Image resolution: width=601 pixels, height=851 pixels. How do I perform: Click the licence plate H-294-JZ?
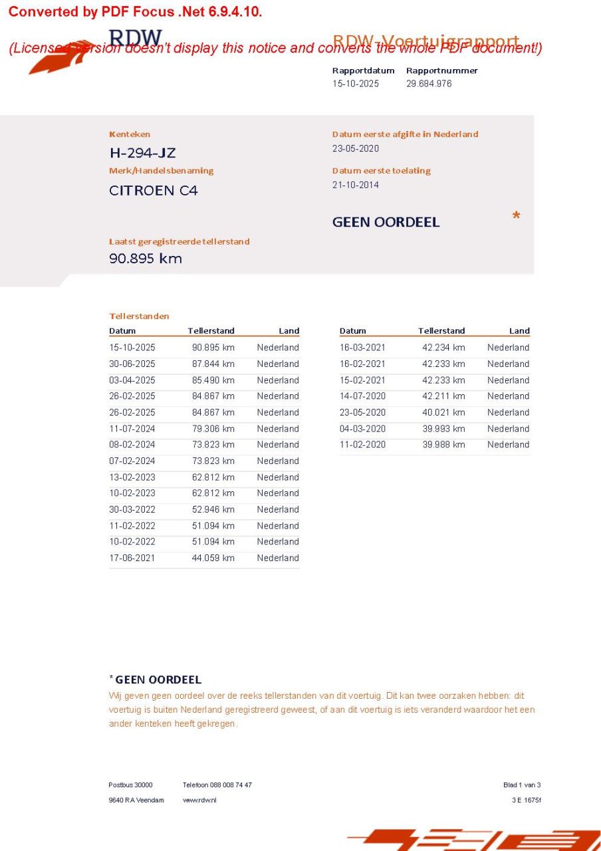pos(142,153)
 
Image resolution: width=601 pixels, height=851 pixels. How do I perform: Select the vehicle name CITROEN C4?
pos(153,191)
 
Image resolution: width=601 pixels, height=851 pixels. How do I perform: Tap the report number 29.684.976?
pos(429,84)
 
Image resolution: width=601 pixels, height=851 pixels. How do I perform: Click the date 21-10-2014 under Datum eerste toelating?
pos(356,185)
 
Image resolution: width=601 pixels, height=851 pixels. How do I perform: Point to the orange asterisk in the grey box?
pos(516,217)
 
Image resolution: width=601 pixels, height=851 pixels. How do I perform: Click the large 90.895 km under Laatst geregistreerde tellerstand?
pos(145,259)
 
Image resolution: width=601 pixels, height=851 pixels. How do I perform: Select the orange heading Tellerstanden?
pos(139,316)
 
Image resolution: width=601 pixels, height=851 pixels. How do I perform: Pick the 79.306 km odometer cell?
pos(213,429)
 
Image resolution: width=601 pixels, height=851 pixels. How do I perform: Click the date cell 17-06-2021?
pos(132,558)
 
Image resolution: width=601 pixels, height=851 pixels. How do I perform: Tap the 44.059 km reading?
pos(213,558)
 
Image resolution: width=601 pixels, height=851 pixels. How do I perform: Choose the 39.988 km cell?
pos(443,445)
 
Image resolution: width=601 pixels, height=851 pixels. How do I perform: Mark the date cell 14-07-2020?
pos(362,396)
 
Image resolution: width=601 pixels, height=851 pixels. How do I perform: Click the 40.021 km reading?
pos(443,412)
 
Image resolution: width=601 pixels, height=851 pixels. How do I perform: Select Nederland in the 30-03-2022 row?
pos(278,509)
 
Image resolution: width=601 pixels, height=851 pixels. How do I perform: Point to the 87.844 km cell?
pos(213,364)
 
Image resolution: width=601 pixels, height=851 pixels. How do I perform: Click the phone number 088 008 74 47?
pos(231,785)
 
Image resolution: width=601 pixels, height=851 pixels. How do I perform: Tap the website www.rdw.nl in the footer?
pos(199,800)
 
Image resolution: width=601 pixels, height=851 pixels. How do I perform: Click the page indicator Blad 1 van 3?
pos(522,785)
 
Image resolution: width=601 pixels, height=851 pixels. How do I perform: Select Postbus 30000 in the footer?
pos(130,785)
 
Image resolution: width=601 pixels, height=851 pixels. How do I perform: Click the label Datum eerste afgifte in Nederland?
pos(405,134)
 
